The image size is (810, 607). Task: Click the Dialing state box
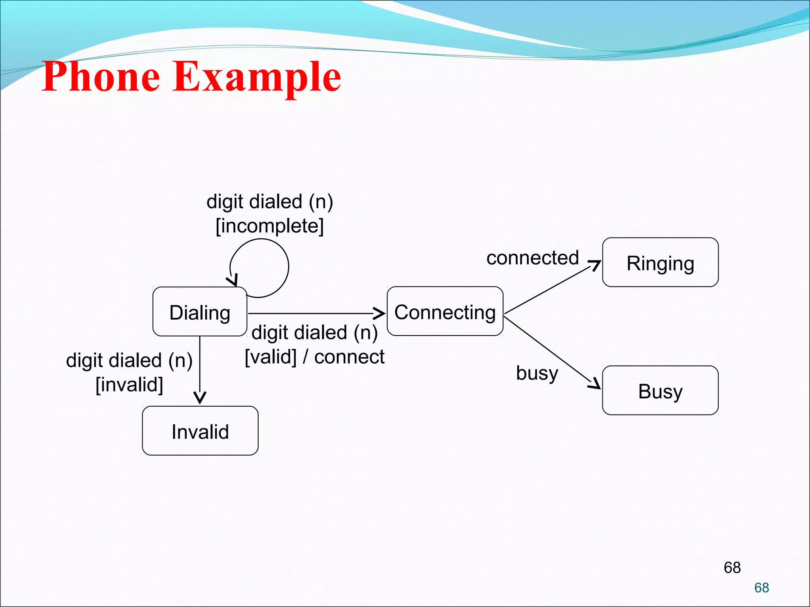[x=200, y=312]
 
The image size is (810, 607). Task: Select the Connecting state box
[x=445, y=311]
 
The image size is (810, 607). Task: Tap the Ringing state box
[x=660, y=262]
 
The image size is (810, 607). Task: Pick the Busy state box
[x=660, y=390]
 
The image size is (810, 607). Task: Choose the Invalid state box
[x=200, y=431]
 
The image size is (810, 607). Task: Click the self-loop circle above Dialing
[x=288, y=267]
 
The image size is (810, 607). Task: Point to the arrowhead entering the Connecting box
[x=380, y=313]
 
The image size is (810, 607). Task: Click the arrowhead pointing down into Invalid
[x=200, y=398]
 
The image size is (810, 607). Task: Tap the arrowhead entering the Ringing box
[x=595, y=265]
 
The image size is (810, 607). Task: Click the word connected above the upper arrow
[x=532, y=258]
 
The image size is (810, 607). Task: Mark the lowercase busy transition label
[x=537, y=373]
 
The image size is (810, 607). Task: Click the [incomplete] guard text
[x=270, y=226]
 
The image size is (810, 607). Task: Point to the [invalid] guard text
[x=129, y=384]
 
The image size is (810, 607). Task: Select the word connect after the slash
[x=349, y=356]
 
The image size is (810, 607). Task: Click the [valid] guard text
[x=271, y=357]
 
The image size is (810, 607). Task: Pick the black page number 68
[x=732, y=567]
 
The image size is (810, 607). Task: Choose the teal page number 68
[x=761, y=588]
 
